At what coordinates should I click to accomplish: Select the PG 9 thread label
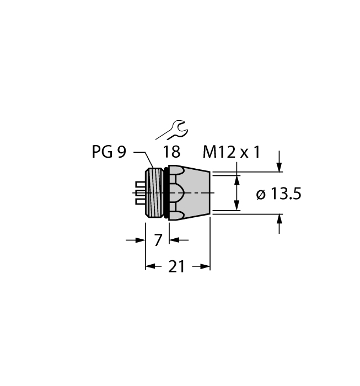click(x=109, y=152)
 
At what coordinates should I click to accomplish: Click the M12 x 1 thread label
click(x=231, y=152)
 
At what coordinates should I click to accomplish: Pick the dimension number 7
click(x=158, y=240)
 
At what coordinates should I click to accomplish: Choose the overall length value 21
click(x=176, y=267)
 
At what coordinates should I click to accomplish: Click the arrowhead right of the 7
click(x=173, y=240)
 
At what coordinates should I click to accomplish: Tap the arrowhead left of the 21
click(x=149, y=267)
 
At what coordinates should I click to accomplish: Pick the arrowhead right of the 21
click(x=206, y=267)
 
